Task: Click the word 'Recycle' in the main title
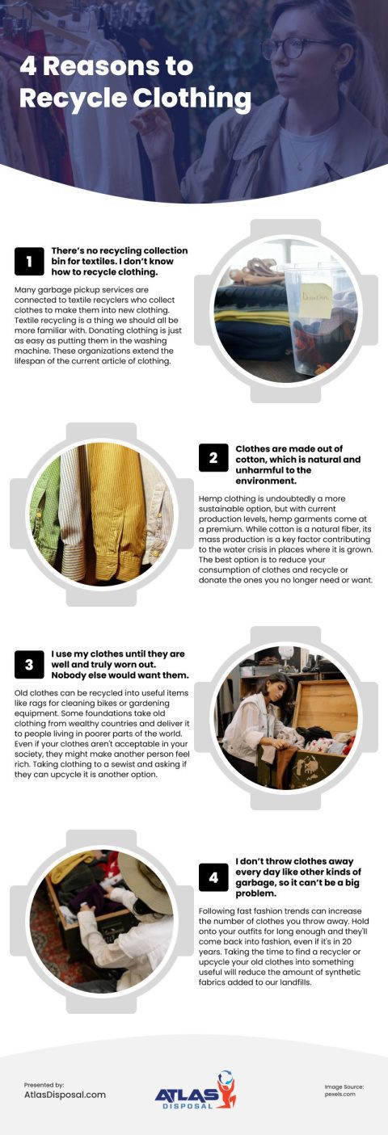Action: (65, 99)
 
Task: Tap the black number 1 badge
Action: (29, 261)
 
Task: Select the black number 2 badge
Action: (213, 458)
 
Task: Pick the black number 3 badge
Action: (29, 665)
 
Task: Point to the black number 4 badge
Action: (213, 876)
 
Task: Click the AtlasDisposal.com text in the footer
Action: (65, 1095)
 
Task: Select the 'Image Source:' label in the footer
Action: (344, 1087)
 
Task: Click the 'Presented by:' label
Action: (44, 1084)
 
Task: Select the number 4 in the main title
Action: (29, 66)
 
